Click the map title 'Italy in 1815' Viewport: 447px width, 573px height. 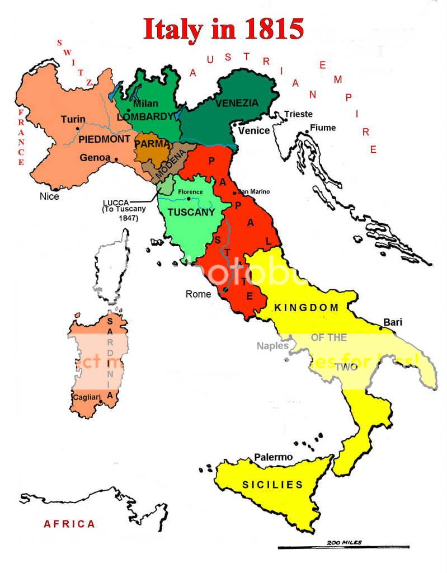tap(223, 29)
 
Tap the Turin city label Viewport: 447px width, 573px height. tap(73, 119)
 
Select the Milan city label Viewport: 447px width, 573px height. tap(145, 104)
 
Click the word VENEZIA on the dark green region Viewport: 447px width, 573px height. tap(237, 103)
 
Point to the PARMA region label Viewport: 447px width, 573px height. tap(152, 144)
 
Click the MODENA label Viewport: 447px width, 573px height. tap(170, 163)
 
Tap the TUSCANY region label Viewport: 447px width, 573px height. tap(191, 213)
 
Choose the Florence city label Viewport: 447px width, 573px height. tap(190, 192)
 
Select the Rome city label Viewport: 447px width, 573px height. tap(199, 294)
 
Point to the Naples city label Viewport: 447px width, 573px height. tap(272, 346)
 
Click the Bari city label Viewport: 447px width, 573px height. tap(393, 322)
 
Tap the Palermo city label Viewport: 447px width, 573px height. tap(274, 457)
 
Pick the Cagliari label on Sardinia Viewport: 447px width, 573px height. tap(86, 397)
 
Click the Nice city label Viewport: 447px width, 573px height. tap(49, 196)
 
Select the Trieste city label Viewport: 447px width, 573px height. tap(298, 114)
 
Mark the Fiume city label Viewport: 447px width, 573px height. tap(323, 128)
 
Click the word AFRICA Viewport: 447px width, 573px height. tap(69, 524)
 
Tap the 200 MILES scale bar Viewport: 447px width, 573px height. tap(344, 547)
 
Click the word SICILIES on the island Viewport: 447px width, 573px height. tap(272, 485)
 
